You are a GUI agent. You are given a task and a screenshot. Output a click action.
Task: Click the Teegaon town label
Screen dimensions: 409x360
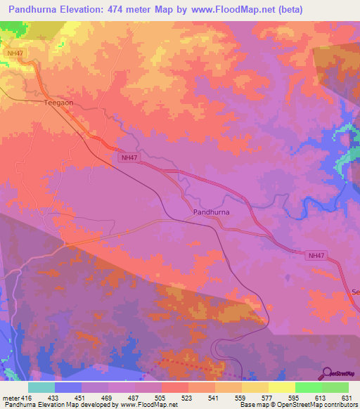point(58,102)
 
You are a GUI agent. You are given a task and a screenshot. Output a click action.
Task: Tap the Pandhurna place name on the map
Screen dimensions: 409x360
point(212,211)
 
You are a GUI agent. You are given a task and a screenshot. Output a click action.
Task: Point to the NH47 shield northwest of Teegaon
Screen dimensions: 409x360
point(14,53)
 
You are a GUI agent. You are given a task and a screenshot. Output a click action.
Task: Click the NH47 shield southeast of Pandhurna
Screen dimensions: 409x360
point(317,256)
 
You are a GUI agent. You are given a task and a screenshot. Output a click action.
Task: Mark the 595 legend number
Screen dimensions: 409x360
point(295,397)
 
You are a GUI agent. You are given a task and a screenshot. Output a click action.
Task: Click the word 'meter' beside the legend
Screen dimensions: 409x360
point(10,397)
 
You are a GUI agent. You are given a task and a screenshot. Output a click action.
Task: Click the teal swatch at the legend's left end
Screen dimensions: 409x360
point(41,387)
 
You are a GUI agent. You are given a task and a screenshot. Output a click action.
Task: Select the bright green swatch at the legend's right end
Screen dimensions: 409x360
point(335,387)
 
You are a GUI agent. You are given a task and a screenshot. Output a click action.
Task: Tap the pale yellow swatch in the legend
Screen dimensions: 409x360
point(281,387)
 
